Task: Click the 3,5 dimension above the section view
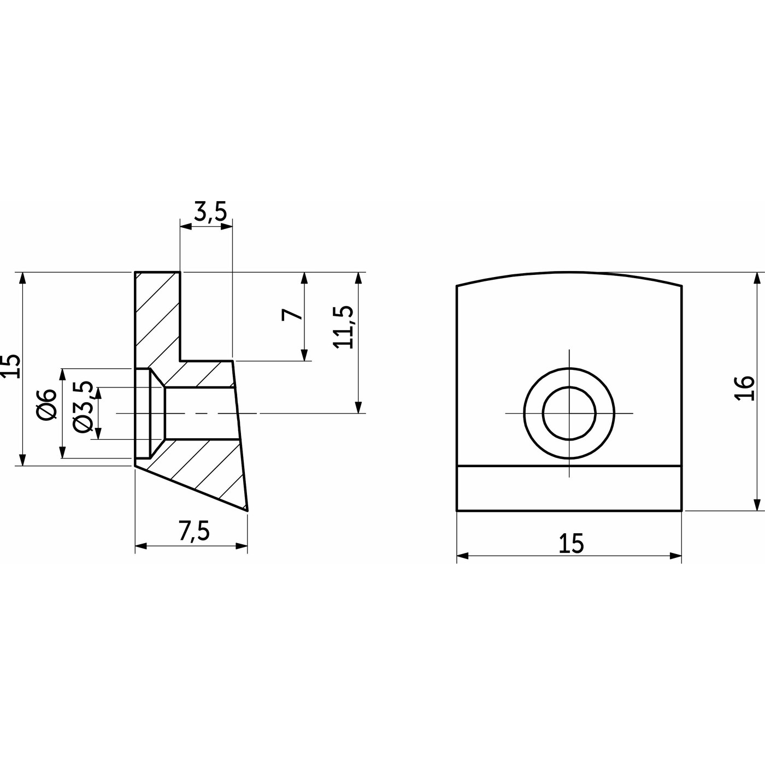tap(210, 211)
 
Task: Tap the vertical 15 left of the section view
tap(11, 366)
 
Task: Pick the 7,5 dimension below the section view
tap(194, 532)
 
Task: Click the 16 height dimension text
tap(745, 389)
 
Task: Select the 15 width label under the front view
tap(571, 544)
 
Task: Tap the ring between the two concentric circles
tap(533, 413)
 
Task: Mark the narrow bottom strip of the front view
tap(569, 489)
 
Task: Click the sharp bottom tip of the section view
tap(247, 510)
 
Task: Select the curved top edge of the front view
tap(569, 273)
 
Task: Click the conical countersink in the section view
tap(157, 413)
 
